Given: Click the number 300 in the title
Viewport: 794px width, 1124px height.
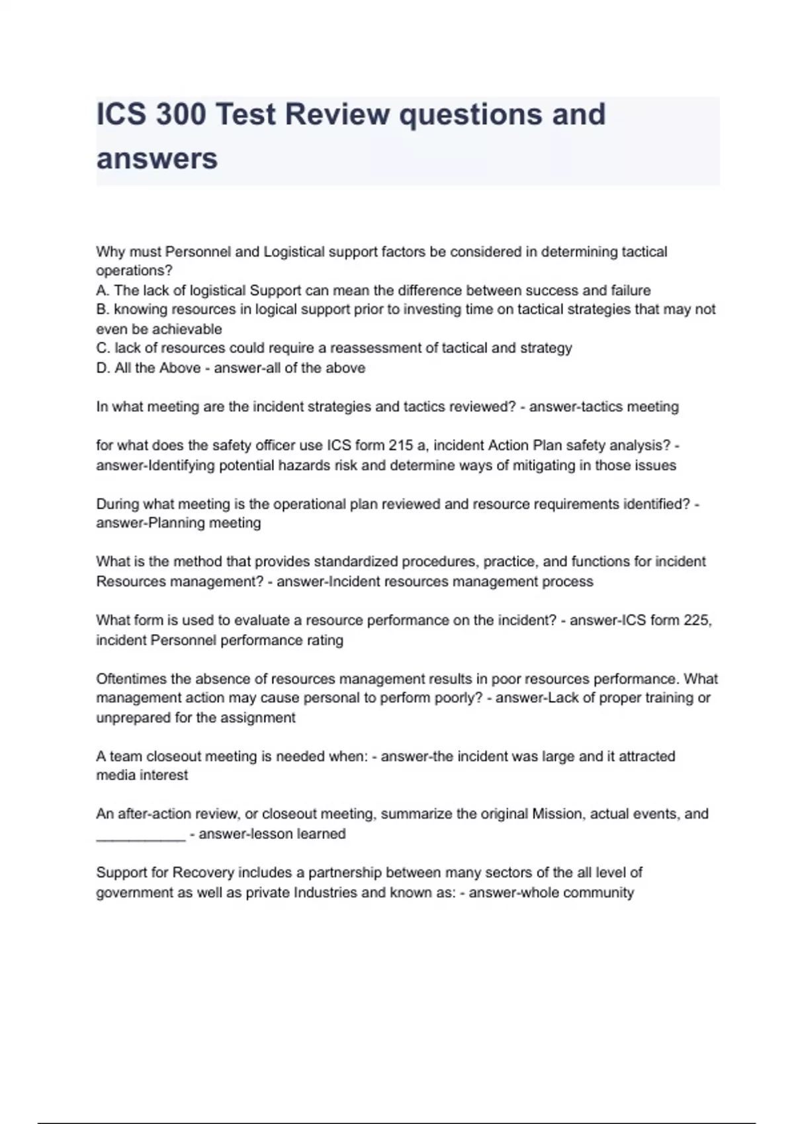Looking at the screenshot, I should click(181, 114).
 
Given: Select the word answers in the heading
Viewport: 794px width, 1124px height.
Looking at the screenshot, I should click(157, 159).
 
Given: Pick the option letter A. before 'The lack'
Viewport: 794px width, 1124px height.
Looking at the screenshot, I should click(103, 290).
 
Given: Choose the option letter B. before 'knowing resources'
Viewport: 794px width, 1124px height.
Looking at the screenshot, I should click(103, 309).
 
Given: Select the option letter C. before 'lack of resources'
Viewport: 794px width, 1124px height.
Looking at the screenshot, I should click(103, 348).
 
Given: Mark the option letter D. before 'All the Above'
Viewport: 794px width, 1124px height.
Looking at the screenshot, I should click(103, 368).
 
